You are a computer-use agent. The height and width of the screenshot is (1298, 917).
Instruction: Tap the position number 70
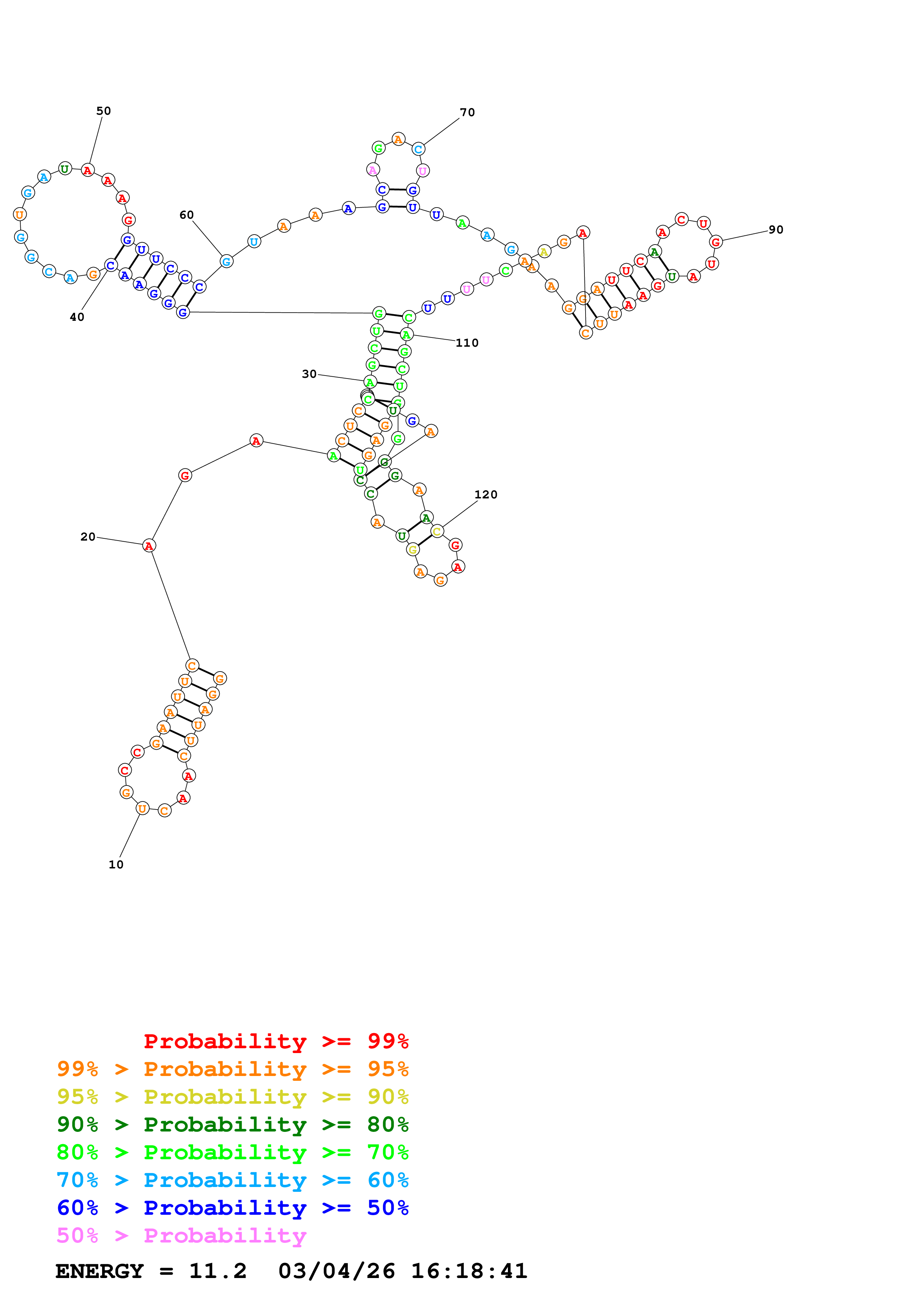click(467, 112)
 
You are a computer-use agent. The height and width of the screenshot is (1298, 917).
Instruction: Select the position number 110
click(467, 343)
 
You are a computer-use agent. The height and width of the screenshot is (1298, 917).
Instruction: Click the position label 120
click(486, 495)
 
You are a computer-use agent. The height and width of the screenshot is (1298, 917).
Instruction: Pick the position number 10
click(116, 864)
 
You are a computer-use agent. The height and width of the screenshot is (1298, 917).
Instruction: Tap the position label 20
click(88, 537)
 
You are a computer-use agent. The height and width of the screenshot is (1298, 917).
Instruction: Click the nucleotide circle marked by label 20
click(149, 545)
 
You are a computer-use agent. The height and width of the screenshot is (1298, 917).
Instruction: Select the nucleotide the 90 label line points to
click(716, 242)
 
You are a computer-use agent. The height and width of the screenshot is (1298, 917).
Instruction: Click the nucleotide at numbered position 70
click(418, 149)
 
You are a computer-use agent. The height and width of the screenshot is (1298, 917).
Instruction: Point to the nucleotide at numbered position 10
click(142, 809)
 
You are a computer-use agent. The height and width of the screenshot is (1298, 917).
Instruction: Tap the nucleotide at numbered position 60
click(226, 261)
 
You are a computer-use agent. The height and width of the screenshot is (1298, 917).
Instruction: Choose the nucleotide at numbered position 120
click(437, 531)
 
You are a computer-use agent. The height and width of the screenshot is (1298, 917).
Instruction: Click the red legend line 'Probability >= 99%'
click(276, 1041)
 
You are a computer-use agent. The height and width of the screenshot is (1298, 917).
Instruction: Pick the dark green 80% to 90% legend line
click(232, 1124)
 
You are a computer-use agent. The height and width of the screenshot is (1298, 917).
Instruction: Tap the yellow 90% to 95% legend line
click(232, 1097)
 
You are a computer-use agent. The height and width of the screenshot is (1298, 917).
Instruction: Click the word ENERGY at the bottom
click(100, 1271)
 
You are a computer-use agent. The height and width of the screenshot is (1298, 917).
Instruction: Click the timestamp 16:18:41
click(469, 1271)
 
